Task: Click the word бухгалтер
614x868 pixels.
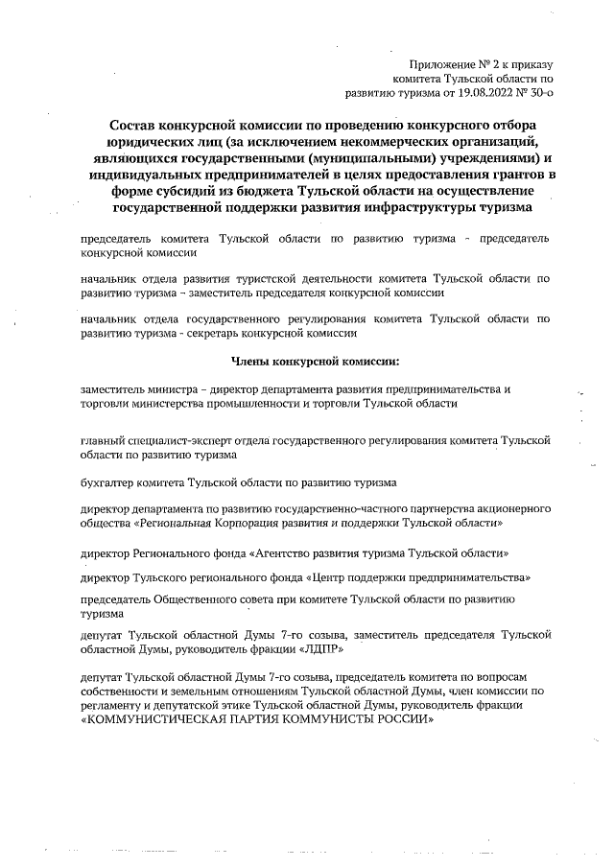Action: [x=107, y=483]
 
